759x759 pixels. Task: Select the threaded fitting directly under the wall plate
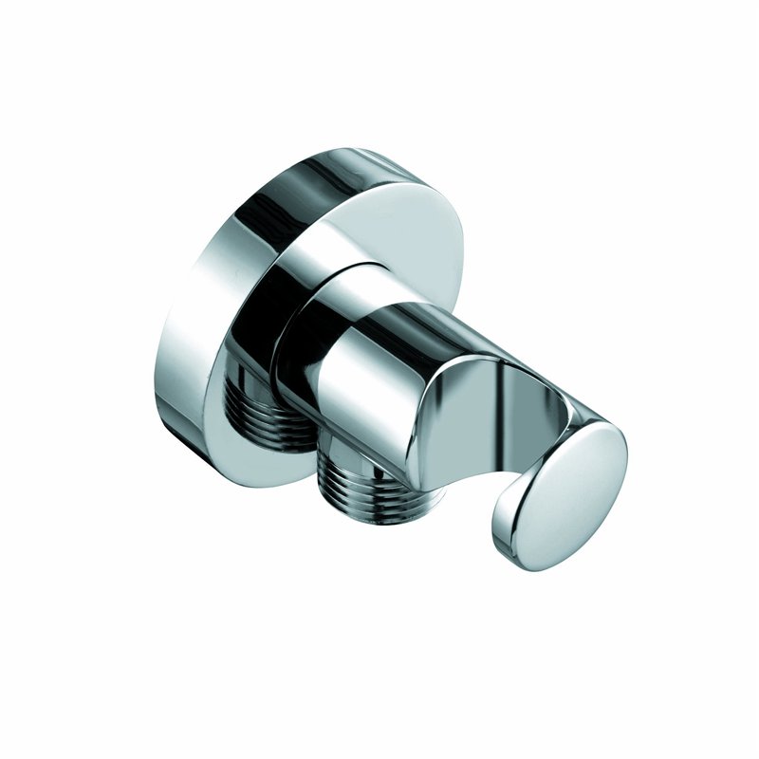(x=275, y=408)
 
